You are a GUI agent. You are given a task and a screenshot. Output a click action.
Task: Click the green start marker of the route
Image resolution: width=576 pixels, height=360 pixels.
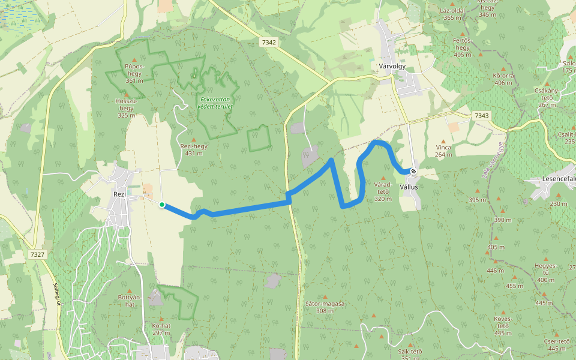coord(162,205)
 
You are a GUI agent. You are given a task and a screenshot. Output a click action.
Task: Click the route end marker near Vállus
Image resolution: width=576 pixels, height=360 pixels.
coord(413,172)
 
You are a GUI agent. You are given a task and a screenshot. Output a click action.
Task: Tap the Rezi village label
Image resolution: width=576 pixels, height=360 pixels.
coord(119,194)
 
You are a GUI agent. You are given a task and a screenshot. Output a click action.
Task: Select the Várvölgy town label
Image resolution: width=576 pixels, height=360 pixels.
coord(393,66)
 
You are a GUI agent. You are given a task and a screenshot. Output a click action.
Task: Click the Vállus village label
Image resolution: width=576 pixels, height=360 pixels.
coord(409,187)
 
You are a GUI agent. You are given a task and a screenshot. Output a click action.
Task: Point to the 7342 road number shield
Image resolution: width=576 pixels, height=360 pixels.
coord(269,42)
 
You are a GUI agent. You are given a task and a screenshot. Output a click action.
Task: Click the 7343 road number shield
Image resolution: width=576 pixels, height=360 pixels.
coord(481,115)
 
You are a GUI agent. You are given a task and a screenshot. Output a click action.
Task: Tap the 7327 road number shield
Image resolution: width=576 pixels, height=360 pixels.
coord(37,254)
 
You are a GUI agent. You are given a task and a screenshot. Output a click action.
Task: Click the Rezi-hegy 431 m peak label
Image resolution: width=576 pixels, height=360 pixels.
coord(193,149)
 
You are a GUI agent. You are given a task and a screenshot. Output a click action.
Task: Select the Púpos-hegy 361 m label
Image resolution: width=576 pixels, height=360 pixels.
coord(134,73)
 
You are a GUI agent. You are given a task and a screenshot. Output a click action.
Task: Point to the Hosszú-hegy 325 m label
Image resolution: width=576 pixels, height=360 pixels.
coord(126,108)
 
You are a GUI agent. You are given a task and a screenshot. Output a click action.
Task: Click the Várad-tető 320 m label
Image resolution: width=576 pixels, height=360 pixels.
coord(383,191)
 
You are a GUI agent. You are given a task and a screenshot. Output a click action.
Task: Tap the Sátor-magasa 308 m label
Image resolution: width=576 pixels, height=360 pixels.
coord(324,307)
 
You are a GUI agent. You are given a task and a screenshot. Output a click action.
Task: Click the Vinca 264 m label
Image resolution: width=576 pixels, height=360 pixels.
coord(443,151)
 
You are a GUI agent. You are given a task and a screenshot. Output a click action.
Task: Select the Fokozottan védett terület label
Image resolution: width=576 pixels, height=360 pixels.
coord(216,103)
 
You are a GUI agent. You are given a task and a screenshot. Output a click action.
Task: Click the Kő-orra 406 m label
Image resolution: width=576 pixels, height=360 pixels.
coord(503,79)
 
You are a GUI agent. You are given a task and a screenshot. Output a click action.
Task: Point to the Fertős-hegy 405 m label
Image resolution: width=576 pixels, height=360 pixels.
coord(463,47)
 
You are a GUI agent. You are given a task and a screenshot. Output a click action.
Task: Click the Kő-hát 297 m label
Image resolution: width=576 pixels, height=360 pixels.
coord(161,329)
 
